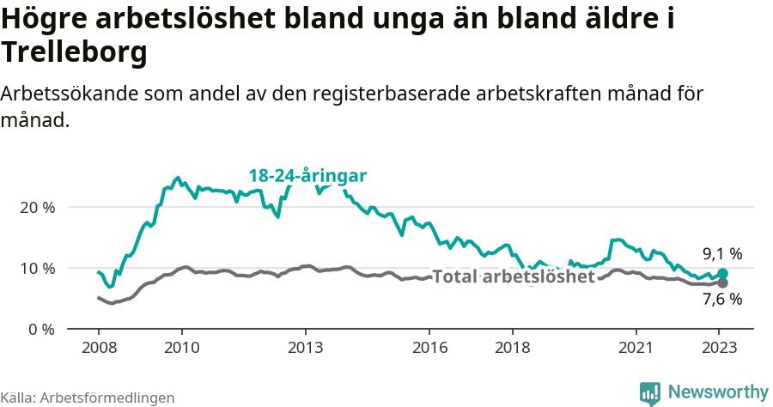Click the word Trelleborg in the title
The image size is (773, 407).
(75, 53)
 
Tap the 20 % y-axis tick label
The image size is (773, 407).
(36, 208)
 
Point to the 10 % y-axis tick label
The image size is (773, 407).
(36, 268)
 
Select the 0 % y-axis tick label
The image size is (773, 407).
(40, 329)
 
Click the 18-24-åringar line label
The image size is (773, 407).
(307, 176)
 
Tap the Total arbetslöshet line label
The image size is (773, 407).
(513, 277)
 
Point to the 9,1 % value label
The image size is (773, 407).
(722, 254)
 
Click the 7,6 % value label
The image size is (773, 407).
(722, 300)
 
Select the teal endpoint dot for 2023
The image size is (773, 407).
(722, 274)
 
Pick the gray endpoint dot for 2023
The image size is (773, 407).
(722, 282)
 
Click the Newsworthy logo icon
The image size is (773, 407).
(650, 392)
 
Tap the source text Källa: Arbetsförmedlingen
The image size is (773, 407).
(88, 398)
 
